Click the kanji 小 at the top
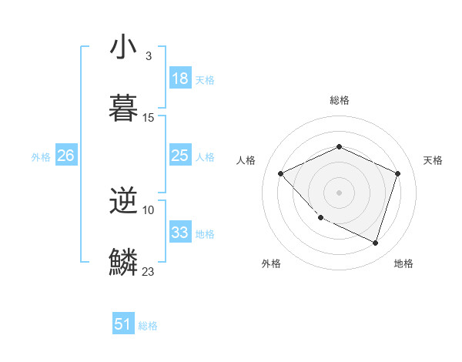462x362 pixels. [123, 48]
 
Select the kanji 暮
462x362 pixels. [123, 109]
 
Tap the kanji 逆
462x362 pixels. [123, 202]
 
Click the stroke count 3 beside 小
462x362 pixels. [148, 56]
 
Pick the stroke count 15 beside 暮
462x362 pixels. [149, 118]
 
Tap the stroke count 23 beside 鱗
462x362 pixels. [149, 272]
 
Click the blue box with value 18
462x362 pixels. [180, 79]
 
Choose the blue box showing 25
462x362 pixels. [180, 156]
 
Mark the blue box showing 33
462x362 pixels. [180, 233]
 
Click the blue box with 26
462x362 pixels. [66, 156]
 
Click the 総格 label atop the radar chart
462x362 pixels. [339, 100]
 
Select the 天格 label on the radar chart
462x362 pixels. [433, 160]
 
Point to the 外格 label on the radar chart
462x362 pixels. [271, 263]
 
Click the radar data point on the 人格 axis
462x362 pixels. [281, 174]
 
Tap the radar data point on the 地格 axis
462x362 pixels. [375, 243]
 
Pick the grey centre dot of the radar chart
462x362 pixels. [339, 193]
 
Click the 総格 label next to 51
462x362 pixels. [148, 326]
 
